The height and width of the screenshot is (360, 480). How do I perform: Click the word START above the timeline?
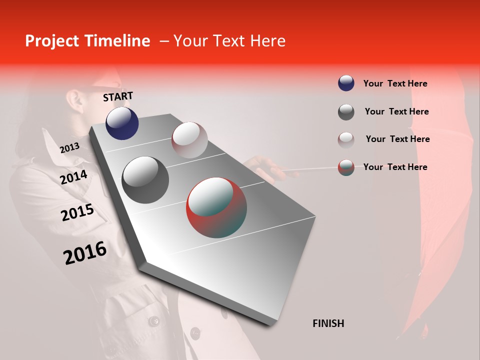[x=118, y=96]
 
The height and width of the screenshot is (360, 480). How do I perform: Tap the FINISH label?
[x=328, y=323]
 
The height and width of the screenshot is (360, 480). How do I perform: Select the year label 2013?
[x=69, y=147]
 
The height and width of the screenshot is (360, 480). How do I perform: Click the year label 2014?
[x=73, y=177]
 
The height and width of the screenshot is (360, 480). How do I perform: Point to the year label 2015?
[x=77, y=212]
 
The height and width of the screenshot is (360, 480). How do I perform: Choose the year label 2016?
[x=85, y=252]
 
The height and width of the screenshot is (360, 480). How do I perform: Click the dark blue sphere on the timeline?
[x=122, y=123]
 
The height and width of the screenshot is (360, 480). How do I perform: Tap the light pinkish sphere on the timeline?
[x=189, y=140]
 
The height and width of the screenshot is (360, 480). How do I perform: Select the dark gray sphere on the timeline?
[x=145, y=180]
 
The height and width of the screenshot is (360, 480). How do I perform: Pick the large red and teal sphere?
[x=216, y=207]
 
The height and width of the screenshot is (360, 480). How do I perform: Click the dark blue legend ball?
[x=346, y=83]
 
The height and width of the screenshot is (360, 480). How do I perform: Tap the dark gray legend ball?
[x=346, y=112]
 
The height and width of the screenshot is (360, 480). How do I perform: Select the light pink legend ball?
[x=346, y=139]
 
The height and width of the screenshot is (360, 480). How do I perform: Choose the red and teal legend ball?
[x=346, y=167]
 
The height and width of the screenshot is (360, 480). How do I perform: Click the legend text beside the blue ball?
[x=395, y=83]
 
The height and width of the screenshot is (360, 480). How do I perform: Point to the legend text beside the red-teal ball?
[x=395, y=167]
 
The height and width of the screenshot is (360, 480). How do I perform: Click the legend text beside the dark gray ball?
[x=396, y=111]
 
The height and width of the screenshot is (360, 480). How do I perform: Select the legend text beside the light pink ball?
[x=397, y=139]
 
